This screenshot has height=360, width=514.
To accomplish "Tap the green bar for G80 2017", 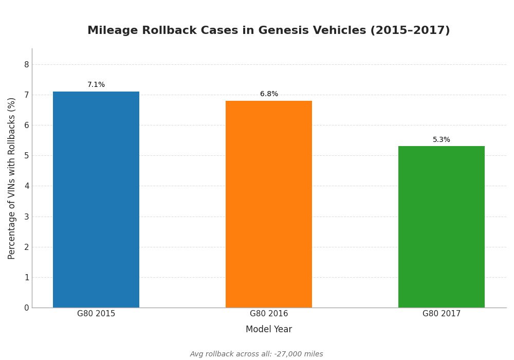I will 442,227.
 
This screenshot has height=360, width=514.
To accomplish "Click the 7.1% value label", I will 96,85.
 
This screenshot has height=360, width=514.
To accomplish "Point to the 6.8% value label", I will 269,94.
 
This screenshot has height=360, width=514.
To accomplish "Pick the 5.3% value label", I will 442,140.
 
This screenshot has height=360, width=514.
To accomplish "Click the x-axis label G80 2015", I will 96,314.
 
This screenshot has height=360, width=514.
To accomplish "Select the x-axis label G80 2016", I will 269,314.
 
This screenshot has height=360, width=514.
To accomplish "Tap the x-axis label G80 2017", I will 442,314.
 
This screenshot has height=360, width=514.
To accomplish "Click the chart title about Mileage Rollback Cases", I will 268,31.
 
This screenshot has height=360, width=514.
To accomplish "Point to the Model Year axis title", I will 269,330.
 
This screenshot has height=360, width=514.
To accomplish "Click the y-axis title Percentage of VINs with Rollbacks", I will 12,178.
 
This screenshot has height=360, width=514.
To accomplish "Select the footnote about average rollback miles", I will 256,354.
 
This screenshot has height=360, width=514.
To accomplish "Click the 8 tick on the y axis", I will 26,64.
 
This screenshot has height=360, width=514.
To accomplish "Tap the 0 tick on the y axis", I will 26,308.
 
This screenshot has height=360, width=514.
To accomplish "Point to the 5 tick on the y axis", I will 26,156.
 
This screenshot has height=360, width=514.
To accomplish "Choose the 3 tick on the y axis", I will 26,217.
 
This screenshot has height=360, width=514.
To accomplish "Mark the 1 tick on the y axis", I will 26,277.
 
